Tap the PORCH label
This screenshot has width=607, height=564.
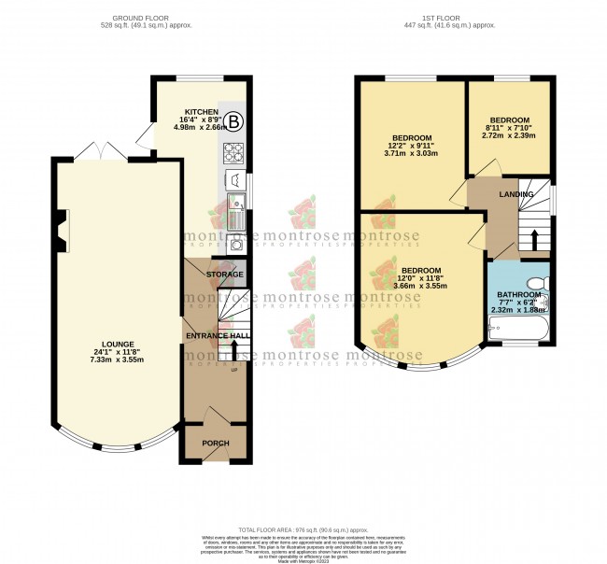[215, 442]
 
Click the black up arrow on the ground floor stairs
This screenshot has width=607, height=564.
[233, 351]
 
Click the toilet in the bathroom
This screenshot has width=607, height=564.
[536, 284]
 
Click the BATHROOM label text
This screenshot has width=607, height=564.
[516, 295]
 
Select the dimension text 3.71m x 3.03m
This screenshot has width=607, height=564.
[412, 153]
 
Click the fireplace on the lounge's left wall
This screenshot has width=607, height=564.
[61, 230]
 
